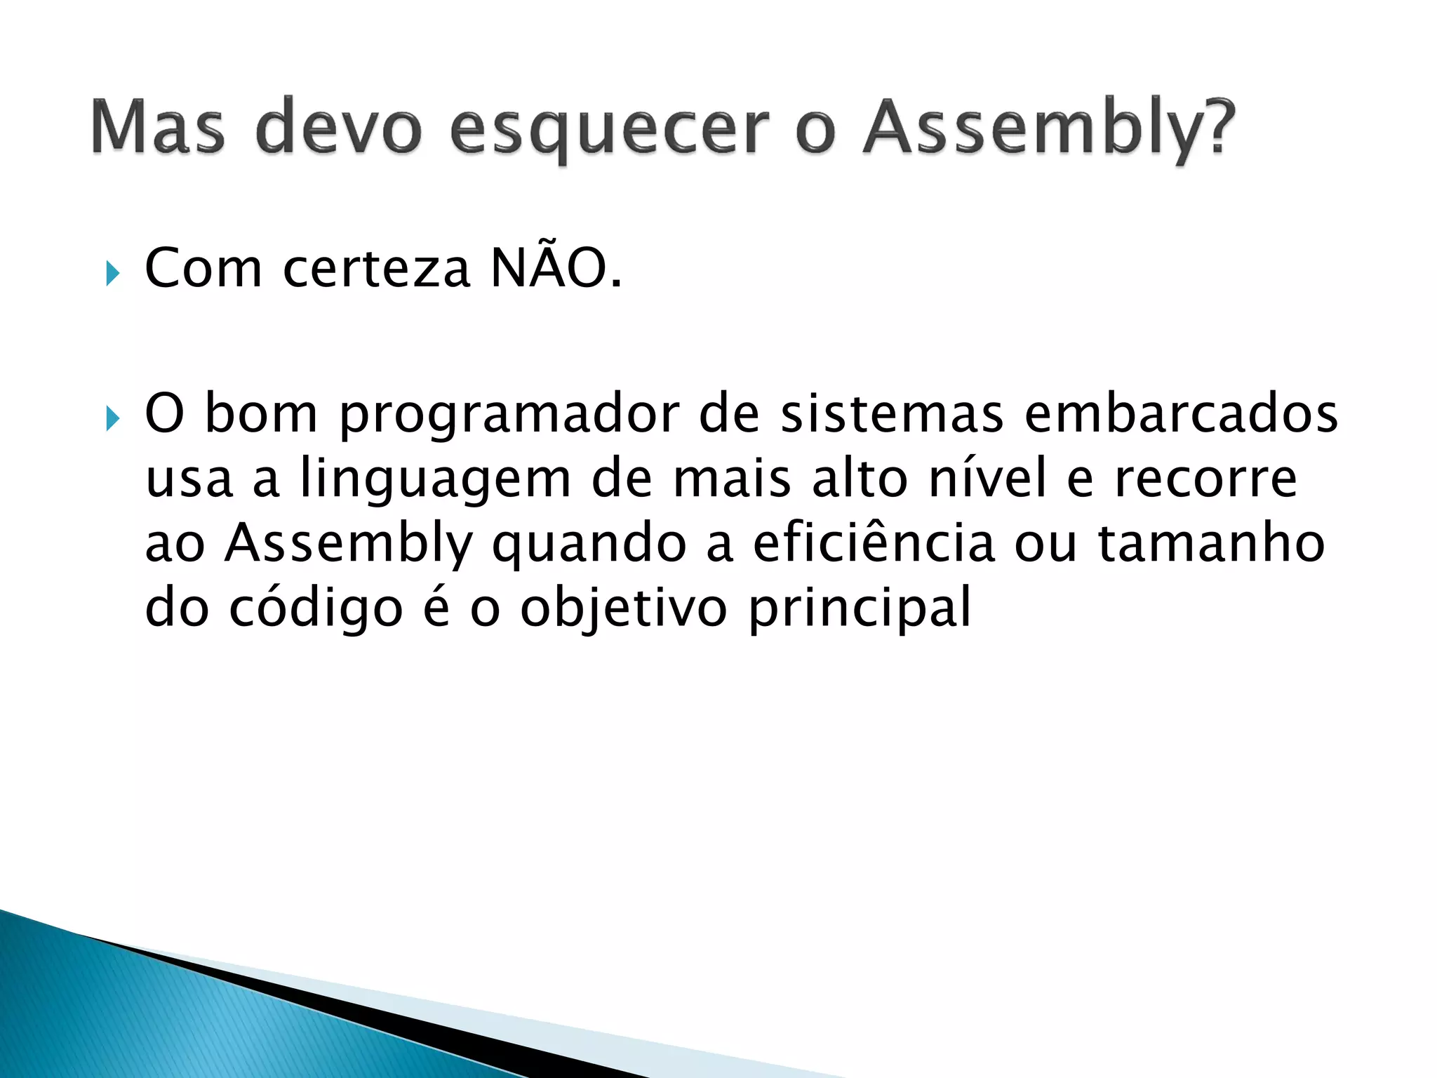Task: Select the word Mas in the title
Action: coord(159,128)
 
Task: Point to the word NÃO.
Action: coord(555,268)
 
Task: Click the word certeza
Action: coord(376,269)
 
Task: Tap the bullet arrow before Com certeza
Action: coord(112,273)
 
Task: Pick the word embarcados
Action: coord(1181,414)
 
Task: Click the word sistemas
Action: coord(892,414)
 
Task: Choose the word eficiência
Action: coord(874,543)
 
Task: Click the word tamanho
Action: coord(1211,543)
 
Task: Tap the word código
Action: coord(316,608)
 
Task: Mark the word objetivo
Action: coord(623,608)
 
